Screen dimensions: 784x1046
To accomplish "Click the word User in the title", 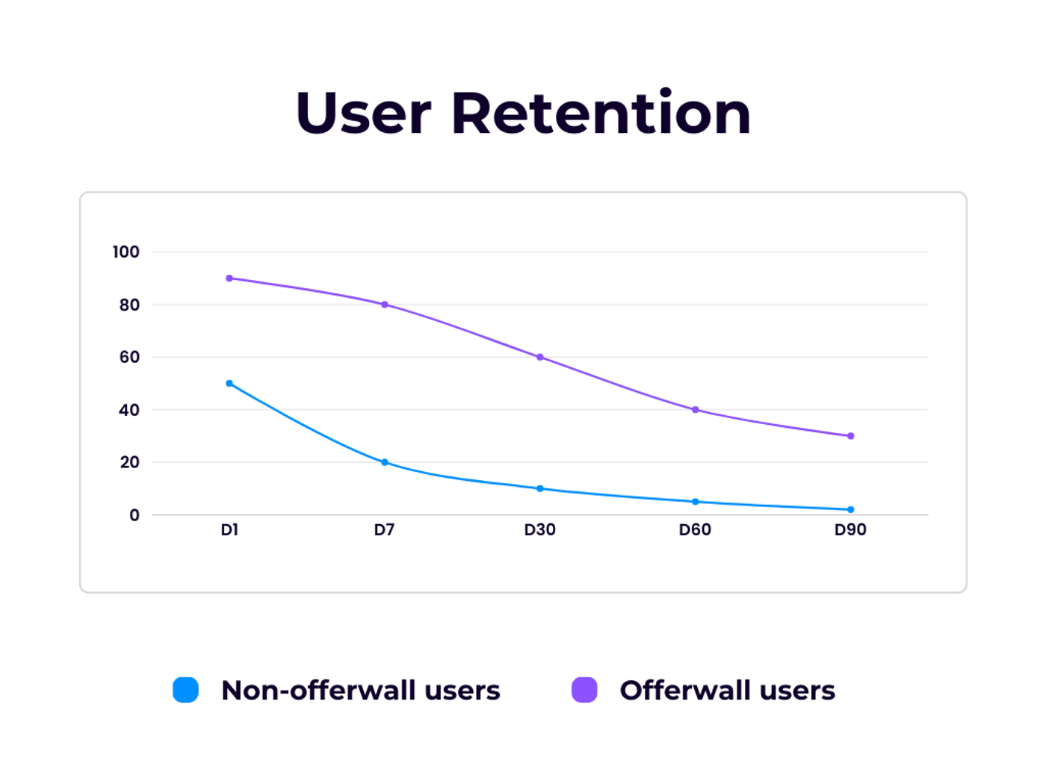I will coord(363,113).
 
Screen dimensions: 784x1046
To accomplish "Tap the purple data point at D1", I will coord(229,279).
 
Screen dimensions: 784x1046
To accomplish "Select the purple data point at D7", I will coord(385,305).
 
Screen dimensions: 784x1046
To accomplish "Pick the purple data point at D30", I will coord(540,357).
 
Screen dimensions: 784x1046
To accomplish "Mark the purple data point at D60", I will coord(696,409).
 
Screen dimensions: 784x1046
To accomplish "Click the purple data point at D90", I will coord(850,436).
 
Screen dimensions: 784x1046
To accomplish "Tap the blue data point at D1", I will coord(229,384).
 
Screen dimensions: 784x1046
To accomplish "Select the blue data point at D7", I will coord(385,462).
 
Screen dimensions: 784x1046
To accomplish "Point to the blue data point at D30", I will coord(540,488).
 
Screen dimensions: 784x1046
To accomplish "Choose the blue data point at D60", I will coord(696,502).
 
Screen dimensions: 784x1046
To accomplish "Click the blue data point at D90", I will coord(850,509).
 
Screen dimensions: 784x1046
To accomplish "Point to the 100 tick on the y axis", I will coord(126,252).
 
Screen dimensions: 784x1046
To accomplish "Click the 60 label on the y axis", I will coord(129,357).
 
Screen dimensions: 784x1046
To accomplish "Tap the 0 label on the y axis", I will coord(134,515).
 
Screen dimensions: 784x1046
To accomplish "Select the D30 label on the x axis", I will coord(539,530).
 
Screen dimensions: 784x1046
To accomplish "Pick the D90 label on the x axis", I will coord(850,530).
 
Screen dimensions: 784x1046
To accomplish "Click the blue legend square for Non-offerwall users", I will coord(186,690).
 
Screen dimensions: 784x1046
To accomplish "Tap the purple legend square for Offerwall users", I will coord(584,690).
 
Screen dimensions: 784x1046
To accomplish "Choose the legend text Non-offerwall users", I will coord(360,691).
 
